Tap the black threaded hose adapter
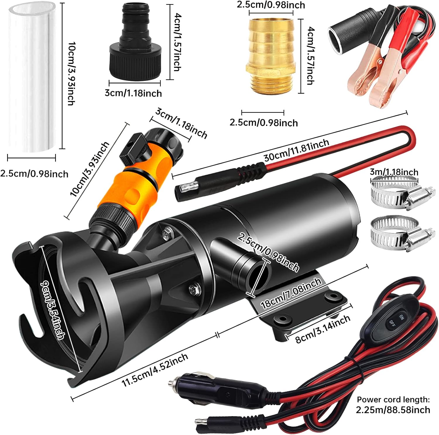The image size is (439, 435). coord(135,47)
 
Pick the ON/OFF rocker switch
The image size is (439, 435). coord(395,319)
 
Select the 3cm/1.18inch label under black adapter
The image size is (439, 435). coord(133,93)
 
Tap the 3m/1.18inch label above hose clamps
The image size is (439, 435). coord(394,172)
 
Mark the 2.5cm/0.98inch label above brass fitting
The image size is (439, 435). coord(271,5)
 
